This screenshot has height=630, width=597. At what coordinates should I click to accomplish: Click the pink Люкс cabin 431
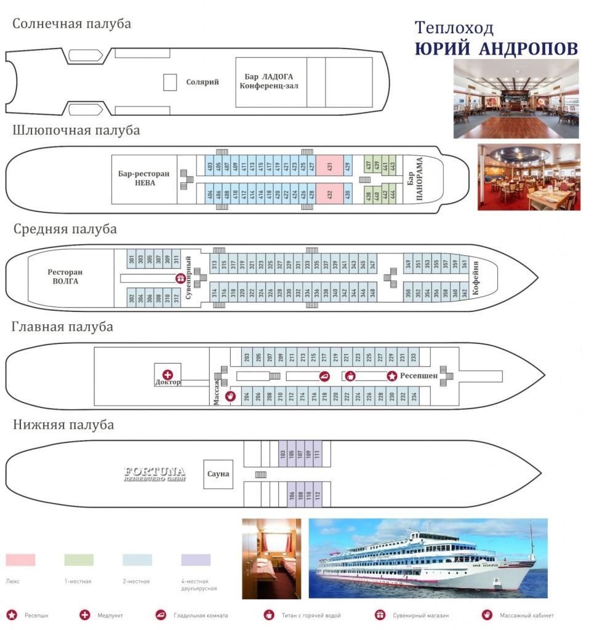pos(329,166)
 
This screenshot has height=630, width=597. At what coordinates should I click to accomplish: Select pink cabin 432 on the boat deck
pos(329,194)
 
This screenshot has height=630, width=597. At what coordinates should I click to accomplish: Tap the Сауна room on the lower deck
pos(218,474)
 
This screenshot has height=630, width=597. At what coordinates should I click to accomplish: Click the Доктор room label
pos(168,382)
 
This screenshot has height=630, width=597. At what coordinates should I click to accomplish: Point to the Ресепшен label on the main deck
pos(419,375)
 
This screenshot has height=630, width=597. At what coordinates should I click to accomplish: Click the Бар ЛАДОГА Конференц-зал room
pos(270,81)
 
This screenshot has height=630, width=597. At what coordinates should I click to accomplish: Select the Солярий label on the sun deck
pos(202,82)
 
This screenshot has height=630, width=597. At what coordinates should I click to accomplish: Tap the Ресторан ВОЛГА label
pos(65,277)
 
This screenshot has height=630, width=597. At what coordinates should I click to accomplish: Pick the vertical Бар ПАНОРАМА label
pos(413,180)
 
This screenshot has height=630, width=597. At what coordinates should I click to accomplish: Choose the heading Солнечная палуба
pos(71,24)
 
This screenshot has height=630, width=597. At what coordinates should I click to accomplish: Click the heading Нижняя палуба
pos(63,425)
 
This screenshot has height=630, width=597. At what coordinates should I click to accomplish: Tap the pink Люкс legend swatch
pos(20,560)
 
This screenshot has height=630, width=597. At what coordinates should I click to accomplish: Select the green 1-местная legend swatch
pos(79,560)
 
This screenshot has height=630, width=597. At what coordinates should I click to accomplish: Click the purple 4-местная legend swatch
pos(196,560)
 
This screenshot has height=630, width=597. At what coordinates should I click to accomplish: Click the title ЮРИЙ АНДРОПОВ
pos(496,49)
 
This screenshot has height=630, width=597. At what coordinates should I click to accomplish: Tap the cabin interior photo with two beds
pos(271,558)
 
